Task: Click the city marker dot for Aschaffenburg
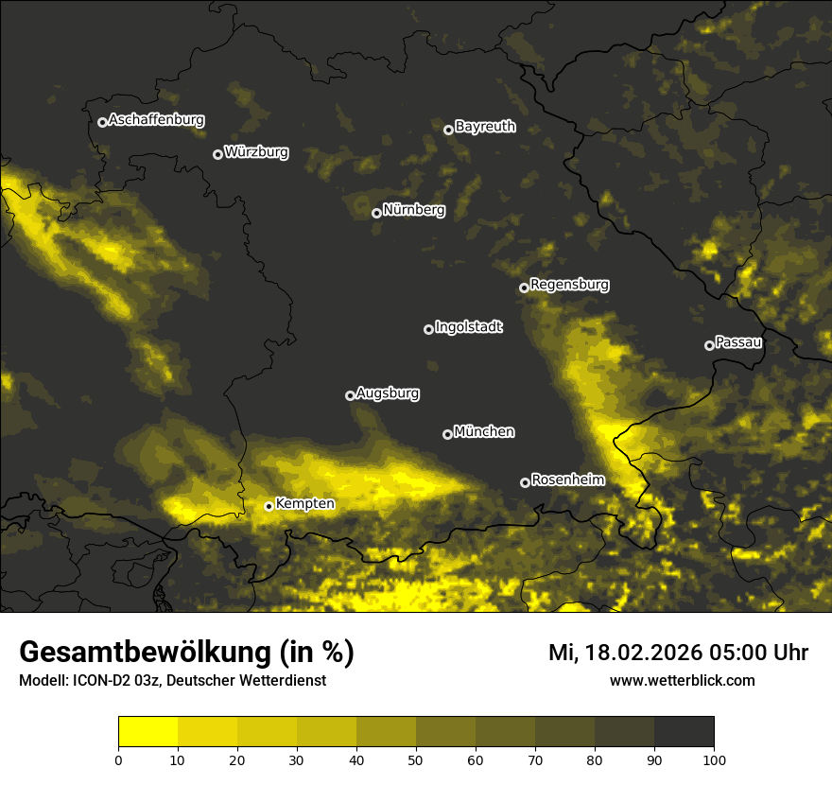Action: tap(102, 122)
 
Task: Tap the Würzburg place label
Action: tap(256, 151)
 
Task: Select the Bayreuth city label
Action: tap(485, 126)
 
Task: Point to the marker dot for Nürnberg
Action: tap(376, 213)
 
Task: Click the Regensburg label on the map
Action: tap(569, 284)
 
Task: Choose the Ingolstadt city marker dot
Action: tap(428, 329)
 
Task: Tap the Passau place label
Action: tap(738, 341)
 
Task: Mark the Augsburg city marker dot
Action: tap(350, 395)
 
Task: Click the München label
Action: tap(484, 431)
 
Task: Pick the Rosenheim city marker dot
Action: tap(525, 482)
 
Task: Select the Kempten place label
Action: tap(304, 503)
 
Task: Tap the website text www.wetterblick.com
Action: tap(682, 680)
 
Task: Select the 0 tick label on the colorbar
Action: tap(118, 759)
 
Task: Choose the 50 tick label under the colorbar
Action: tap(416, 759)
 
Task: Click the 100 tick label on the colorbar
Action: tap(714, 759)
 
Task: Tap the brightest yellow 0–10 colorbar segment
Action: tap(147, 732)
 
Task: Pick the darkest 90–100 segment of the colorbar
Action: tap(684, 732)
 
